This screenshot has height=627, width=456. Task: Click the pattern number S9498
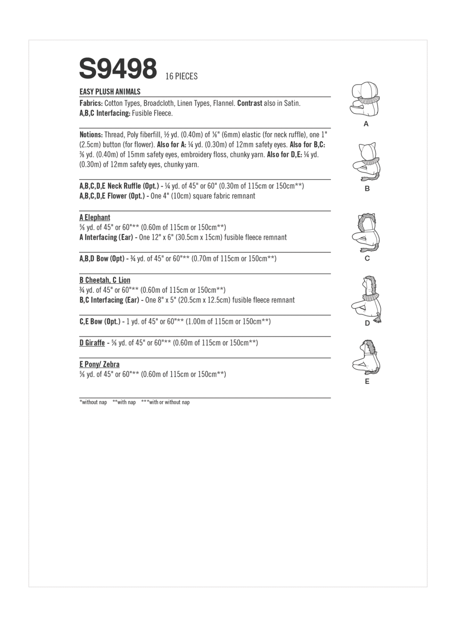click(x=118, y=69)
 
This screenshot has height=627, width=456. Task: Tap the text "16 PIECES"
click(x=181, y=76)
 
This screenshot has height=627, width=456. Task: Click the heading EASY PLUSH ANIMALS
click(x=110, y=92)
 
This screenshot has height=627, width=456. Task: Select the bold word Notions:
click(x=91, y=135)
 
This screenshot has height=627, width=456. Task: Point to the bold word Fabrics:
click(x=91, y=103)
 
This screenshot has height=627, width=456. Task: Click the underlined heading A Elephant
click(x=95, y=217)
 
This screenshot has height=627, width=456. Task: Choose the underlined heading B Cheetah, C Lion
click(x=104, y=280)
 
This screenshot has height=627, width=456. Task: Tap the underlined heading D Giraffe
click(x=92, y=343)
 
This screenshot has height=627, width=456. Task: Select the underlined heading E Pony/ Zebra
click(x=99, y=364)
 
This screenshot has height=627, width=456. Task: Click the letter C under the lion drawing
click(x=367, y=258)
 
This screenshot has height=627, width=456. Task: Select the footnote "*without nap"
click(x=93, y=402)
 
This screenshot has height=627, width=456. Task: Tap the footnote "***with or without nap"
click(x=165, y=402)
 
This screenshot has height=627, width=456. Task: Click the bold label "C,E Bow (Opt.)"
click(x=100, y=321)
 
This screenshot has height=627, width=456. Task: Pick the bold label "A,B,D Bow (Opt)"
click(x=102, y=258)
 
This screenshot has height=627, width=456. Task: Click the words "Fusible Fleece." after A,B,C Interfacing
click(x=152, y=113)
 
